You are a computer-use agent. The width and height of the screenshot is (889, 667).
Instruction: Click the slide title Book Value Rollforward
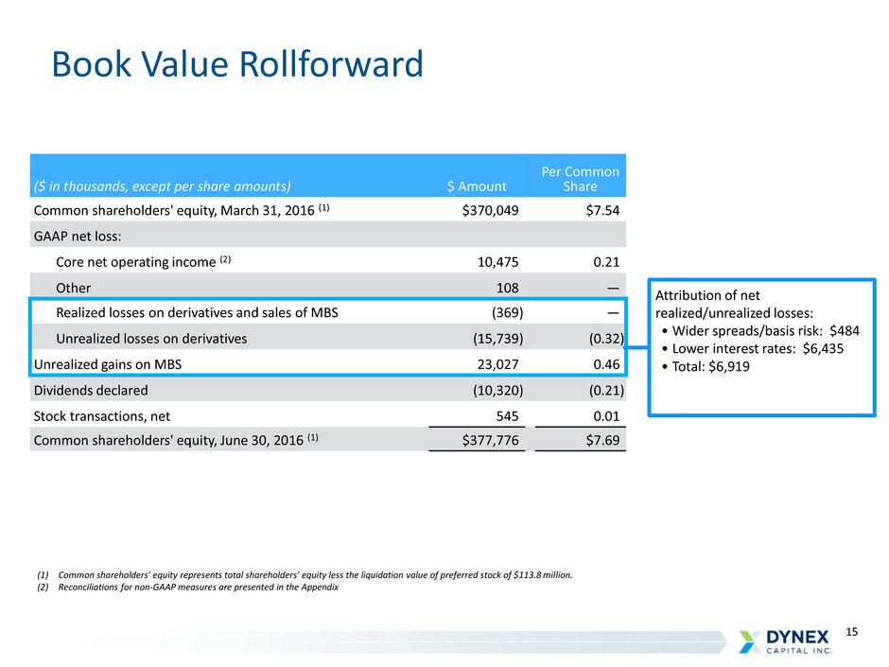coord(237,63)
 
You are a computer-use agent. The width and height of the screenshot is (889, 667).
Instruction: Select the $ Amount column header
coord(477,186)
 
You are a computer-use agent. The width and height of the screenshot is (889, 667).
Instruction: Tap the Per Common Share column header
coord(580,179)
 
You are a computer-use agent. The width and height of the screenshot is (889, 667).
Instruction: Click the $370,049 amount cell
coord(490,210)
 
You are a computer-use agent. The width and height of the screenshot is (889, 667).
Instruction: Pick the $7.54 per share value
coord(602,210)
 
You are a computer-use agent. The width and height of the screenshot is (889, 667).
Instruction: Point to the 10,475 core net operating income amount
coord(497,262)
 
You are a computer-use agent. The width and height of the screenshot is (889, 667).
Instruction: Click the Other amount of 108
coord(508,289)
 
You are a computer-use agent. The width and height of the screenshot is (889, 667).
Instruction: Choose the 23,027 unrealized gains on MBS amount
coord(497,364)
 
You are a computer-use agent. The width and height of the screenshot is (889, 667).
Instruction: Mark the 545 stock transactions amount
coord(508,416)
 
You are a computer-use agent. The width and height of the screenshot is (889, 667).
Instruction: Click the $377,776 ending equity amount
coord(490,440)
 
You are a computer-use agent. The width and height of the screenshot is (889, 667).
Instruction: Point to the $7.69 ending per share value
coord(602,440)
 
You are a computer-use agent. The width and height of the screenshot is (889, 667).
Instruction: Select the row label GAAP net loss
coord(78,237)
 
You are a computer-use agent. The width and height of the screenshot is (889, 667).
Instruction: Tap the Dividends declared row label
coord(91,390)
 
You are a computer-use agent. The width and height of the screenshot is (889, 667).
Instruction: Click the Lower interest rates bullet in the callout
coord(753,348)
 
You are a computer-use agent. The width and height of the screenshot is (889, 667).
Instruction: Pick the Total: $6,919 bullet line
coord(706,366)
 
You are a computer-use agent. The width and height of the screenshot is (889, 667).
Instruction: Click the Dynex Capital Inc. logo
coord(786,641)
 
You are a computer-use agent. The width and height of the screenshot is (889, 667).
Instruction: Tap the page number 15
coord(851,632)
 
